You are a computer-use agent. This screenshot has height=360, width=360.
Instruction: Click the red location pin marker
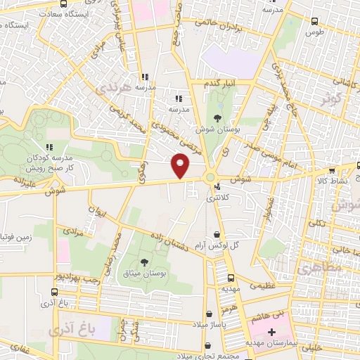181,166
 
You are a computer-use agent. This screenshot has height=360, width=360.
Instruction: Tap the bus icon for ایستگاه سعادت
65,3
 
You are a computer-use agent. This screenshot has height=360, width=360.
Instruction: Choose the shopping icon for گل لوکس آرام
217,237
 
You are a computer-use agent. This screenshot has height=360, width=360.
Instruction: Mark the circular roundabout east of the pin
210,177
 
